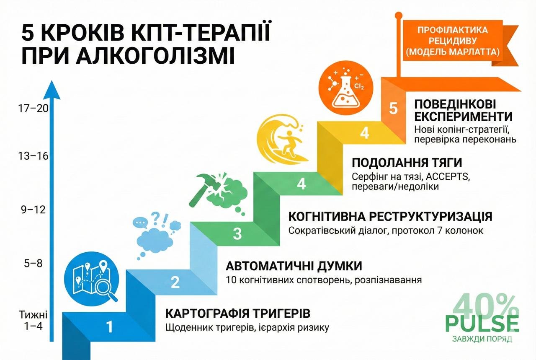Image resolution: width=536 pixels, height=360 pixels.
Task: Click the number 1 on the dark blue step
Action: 110,326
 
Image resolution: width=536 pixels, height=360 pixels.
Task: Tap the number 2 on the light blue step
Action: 175,282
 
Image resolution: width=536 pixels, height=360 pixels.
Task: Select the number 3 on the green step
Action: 237,233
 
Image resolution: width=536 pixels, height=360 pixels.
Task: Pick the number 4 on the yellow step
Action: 365,133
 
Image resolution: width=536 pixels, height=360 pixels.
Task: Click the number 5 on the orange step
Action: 393,108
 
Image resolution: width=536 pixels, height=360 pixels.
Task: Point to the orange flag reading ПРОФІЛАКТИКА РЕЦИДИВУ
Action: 452,41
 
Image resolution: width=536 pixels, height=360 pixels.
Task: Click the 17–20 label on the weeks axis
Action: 34,108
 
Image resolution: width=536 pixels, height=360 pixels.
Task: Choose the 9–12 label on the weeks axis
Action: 34,209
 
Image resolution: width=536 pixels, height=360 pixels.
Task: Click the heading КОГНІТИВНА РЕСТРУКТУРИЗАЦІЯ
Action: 390,217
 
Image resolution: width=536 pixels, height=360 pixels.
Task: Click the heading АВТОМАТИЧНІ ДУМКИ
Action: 294,267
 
